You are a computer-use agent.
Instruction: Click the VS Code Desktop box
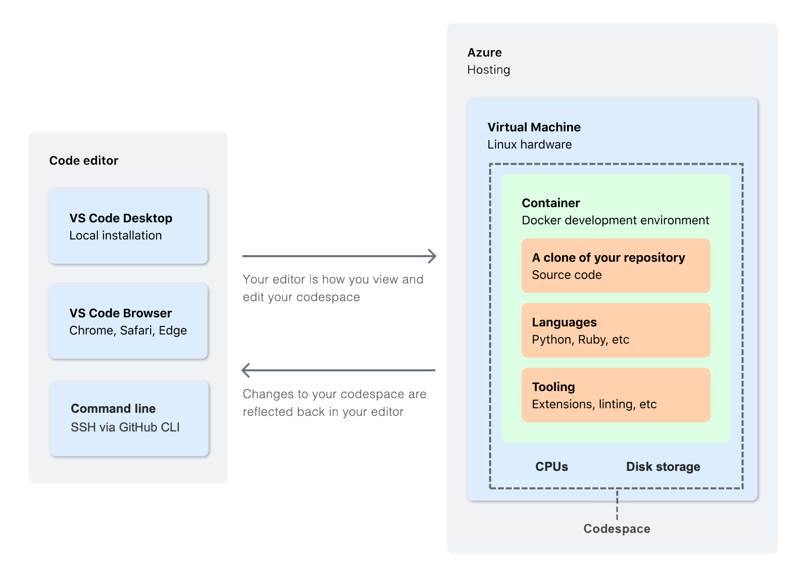128,226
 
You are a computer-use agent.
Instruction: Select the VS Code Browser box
128,321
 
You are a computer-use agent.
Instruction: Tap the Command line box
129,418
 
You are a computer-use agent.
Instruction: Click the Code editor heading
84,161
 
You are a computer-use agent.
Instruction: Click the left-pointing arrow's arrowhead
246,370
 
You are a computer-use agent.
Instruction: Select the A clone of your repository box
616,266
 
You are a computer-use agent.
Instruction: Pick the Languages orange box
616,330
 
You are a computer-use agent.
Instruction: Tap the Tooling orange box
616,395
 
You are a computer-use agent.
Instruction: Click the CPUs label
551,467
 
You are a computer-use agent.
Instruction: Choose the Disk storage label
663,467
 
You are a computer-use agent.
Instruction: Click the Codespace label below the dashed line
617,529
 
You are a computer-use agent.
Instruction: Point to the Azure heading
484,53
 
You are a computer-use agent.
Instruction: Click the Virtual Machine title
534,127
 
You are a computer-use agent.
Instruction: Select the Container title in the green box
550,203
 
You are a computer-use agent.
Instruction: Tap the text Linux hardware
529,144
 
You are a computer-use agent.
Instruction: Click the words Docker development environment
615,220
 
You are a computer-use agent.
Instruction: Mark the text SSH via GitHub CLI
125,427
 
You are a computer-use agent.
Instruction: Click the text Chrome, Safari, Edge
128,330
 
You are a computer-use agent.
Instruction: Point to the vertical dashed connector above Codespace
617,504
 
